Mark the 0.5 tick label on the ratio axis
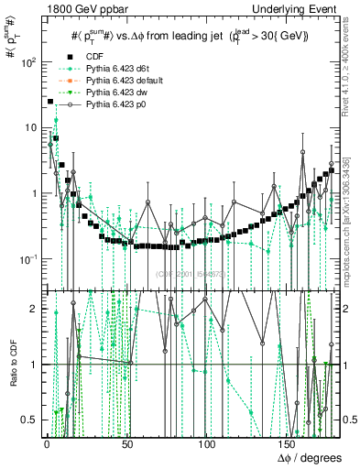pos(32,420)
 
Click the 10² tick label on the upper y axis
pos(28,62)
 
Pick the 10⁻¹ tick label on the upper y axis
pos(28,259)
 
